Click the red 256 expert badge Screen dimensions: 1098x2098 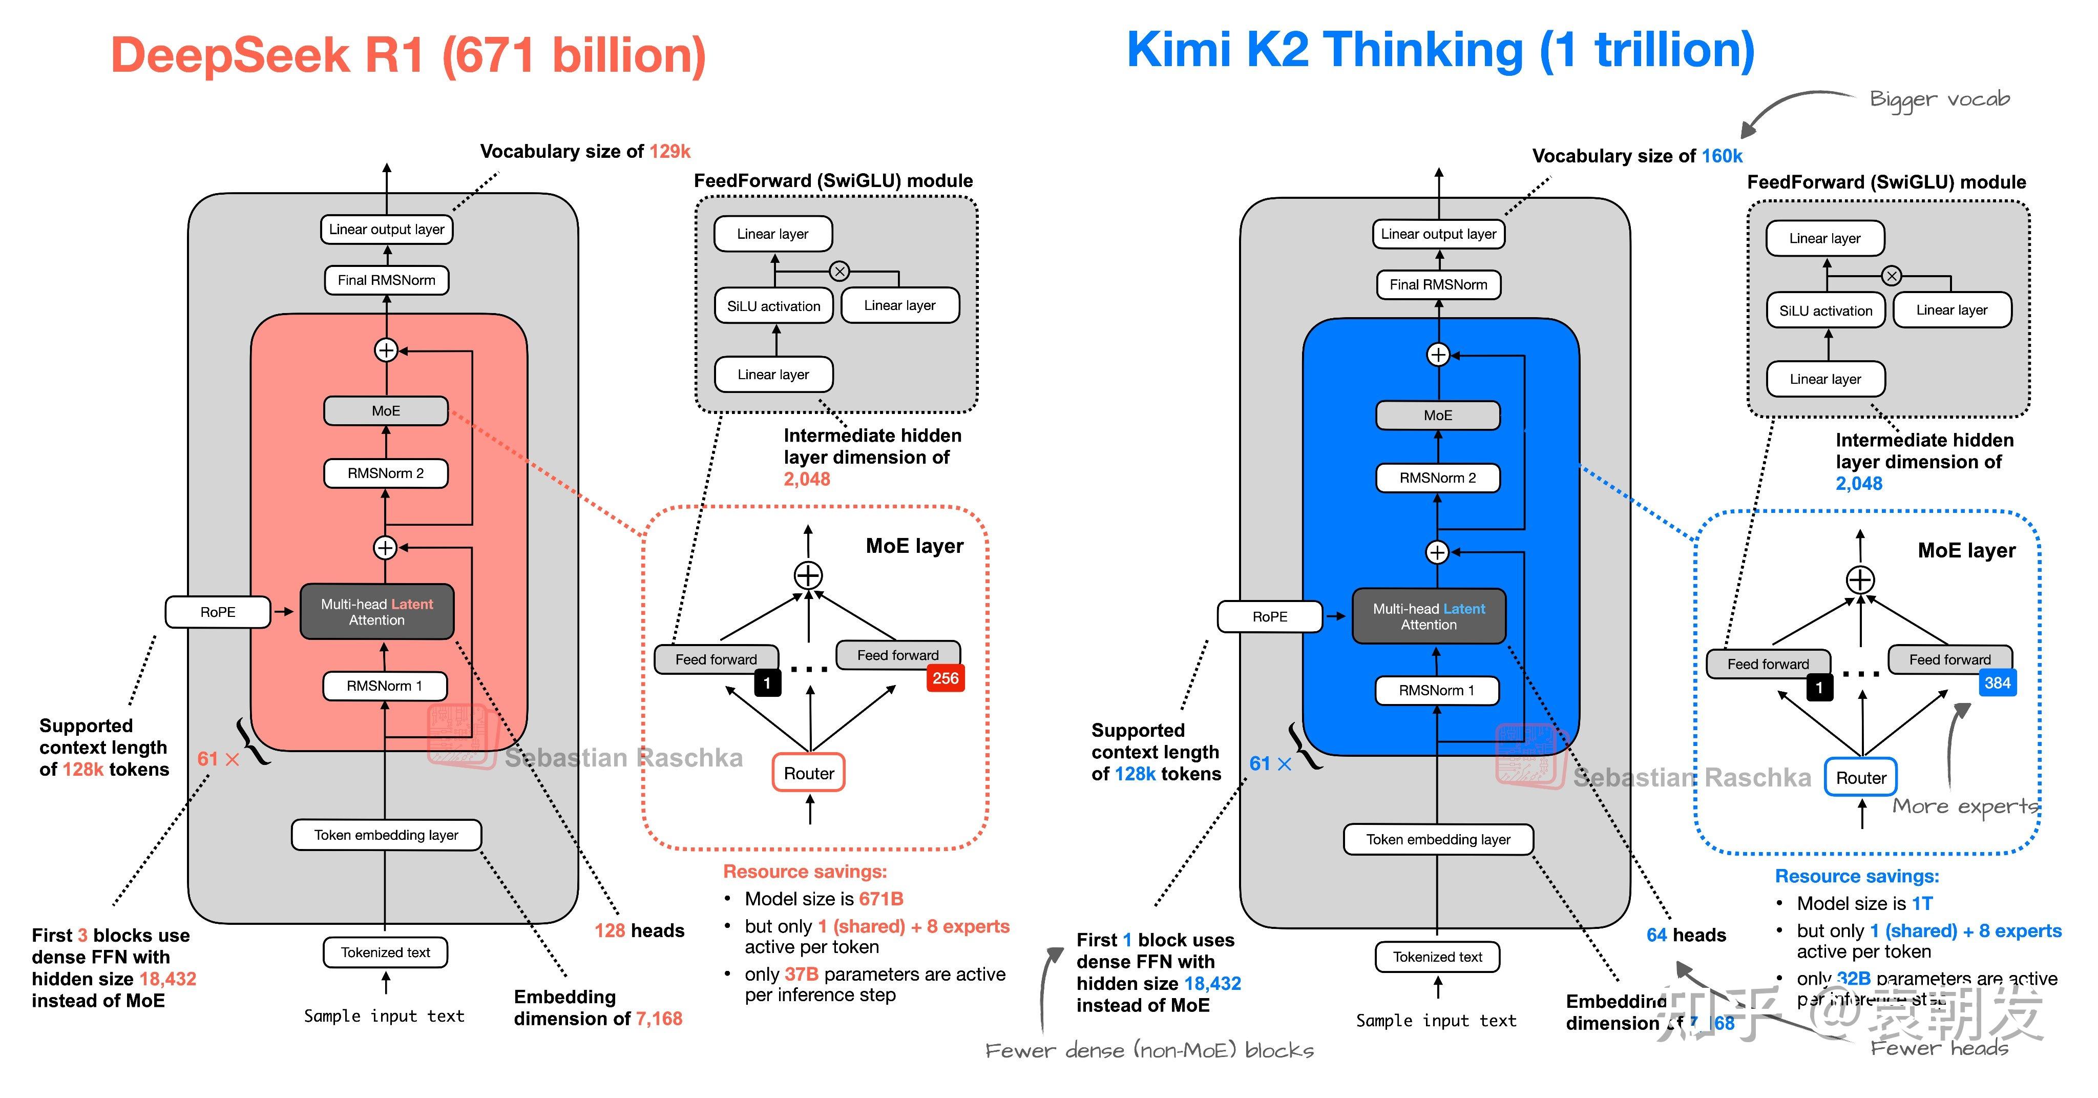point(945,678)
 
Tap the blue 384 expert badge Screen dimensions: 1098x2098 point(1997,682)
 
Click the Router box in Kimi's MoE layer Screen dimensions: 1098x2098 point(1860,778)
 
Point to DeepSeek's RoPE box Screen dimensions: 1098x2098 point(218,612)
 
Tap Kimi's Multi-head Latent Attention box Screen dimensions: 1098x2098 point(1429,616)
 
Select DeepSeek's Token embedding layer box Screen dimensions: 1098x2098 point(386,835)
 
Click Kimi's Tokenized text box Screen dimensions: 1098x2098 point(1437,957)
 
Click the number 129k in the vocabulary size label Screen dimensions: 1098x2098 point(669,152)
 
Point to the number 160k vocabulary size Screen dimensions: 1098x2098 point(1722,156)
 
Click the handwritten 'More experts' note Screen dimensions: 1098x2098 point(1964,806)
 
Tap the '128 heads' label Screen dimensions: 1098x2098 point(639,930)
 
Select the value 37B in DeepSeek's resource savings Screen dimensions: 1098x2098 point(802,974)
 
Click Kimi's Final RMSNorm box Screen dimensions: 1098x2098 point(1438,284)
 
